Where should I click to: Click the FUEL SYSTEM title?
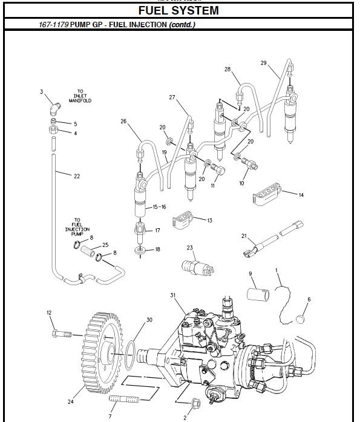pos(178,10)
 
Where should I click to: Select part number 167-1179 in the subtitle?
pos(53,25)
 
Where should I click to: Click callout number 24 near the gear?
pos(70,400)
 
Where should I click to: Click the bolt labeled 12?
pos(61,332)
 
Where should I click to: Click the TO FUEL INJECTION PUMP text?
pos(77,226)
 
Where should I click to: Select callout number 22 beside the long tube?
pos(77,176)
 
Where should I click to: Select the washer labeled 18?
pos(140,249)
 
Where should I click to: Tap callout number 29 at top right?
pos(263,63)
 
